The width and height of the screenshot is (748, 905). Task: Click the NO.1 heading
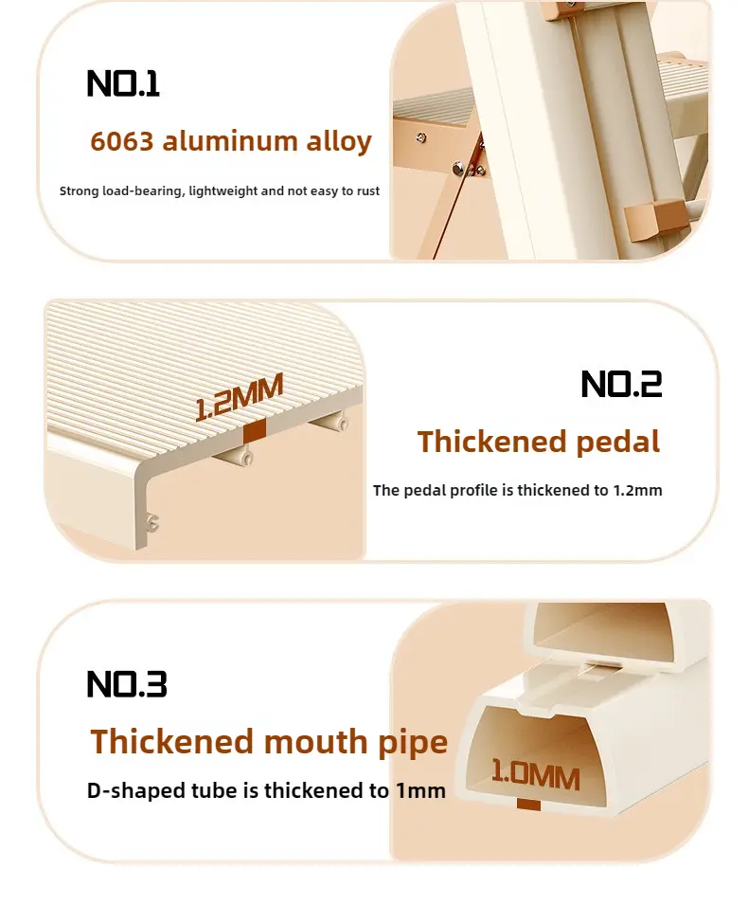tap(123, 83)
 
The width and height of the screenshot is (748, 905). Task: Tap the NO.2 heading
tap(621, 384)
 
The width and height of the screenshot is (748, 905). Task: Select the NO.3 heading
tap(127, 684)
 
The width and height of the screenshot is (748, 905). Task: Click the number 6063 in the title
tap(122, 141)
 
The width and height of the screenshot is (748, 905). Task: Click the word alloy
tap(339, 141)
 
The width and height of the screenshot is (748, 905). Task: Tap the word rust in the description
tap(368, 191)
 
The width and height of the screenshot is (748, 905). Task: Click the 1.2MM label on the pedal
tap(239, 397)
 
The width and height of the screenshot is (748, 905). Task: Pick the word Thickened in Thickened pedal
tap(492, 442)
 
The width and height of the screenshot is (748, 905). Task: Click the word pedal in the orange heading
tap(617, 443)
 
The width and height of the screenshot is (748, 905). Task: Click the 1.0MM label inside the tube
tap(535, 776)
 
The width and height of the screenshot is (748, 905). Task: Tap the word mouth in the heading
tap(316, 742)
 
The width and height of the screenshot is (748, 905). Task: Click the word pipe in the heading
tap(413, 743)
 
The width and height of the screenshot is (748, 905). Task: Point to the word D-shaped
tap(135, 790)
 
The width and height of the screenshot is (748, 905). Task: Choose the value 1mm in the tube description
tap(421, 790)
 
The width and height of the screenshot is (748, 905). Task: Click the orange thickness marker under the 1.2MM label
tap(255, 431)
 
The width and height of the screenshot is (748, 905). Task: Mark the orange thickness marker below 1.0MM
tap(529, 805)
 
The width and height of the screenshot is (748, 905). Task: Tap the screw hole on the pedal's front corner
tap(152, 523)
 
